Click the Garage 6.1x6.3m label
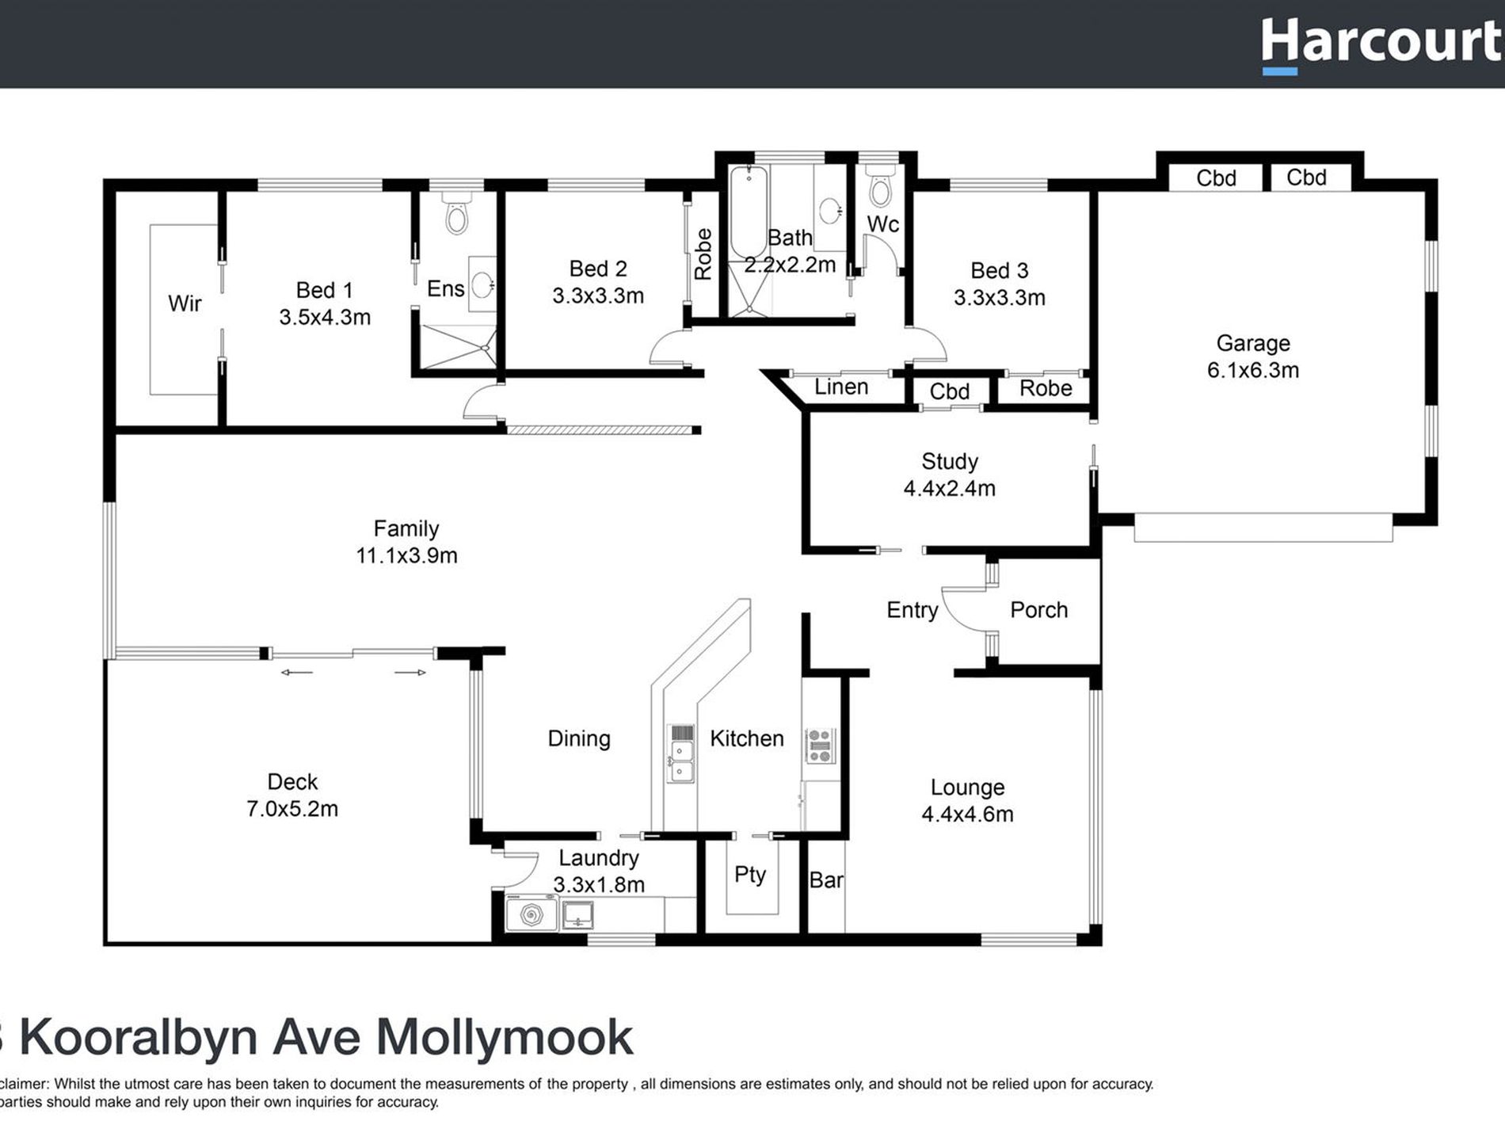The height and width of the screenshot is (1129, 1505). click(1252, 357)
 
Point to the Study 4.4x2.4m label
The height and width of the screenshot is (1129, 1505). click(949, 475)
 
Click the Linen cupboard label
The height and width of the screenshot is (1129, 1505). click(841, 387)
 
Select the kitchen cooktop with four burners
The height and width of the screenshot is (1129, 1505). click(820, 746)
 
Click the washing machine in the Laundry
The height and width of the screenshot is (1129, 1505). click(531, 915)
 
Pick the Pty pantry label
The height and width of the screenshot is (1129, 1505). click(749, 875)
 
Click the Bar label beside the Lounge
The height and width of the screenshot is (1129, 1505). click(826, 880)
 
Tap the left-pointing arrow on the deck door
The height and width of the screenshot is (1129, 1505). click(296, 673)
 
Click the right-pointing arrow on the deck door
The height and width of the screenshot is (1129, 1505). click(410, 673)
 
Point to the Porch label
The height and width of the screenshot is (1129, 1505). click(1038, 610)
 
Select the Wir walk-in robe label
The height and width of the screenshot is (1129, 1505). click(185, 303)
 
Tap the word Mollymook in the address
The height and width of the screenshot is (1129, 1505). click(504, 1038)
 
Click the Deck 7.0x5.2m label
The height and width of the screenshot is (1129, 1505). click(292, 795)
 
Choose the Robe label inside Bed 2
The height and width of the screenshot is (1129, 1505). click(703, 254)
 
